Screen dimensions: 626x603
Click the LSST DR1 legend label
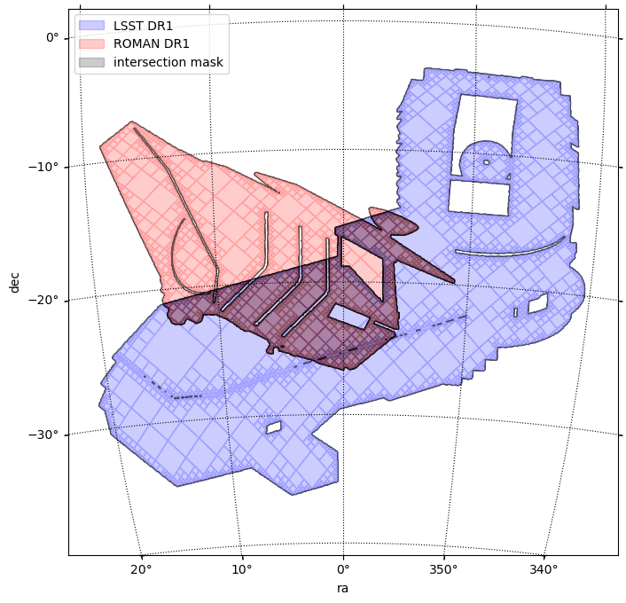click(143, 26)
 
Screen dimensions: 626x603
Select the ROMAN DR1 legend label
click(151, 43)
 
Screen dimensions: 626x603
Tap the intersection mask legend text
click(168, 62)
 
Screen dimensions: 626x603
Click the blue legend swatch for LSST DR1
click(92, 26)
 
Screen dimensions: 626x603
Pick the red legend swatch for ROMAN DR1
click(92, 44)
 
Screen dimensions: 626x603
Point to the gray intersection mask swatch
click(92, 62)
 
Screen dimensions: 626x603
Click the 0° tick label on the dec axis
click(52, 37)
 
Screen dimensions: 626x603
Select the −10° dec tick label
click(43, 167)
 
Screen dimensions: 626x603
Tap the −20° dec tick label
click(43, 300)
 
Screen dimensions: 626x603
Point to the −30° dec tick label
click(43, 435)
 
